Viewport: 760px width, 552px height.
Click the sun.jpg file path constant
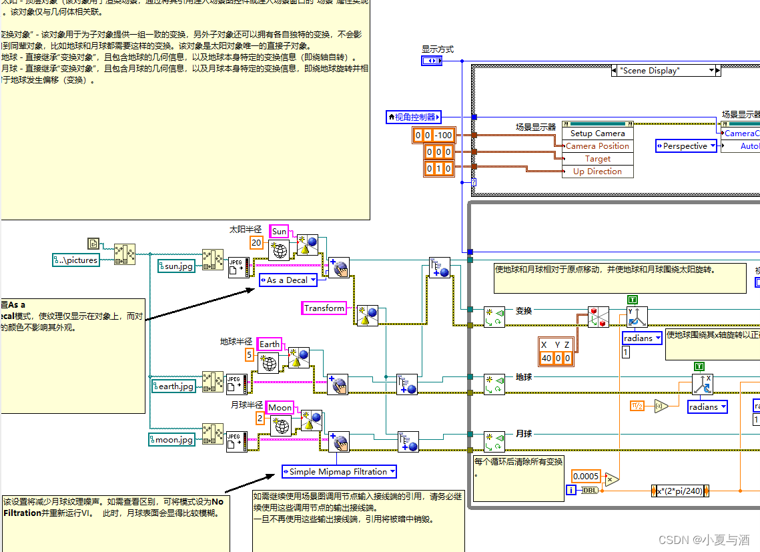click(x=176, y=266)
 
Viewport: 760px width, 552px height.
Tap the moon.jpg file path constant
click(x=173, y=439)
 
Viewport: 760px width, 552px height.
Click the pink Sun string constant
click(x=279, y=232)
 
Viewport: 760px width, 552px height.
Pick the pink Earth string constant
click(x=270, y=344)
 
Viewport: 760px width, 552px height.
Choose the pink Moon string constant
click(x=280, y=407)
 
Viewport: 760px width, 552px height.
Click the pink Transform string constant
click(x=324, y=308)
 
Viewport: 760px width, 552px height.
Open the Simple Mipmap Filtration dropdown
click(x=339, y=471)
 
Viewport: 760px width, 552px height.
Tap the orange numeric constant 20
click(x=256, y=243)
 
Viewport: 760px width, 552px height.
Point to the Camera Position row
click(x=597, y=146)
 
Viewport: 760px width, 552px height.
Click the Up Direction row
click(x=597, y=172)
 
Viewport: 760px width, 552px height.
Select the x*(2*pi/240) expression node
click(x=680, y=491)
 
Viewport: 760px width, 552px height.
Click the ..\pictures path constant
click(x=76, y=260)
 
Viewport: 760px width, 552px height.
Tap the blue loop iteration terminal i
click(x=571, y=491)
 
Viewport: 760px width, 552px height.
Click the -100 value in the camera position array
click(x=444, y=135)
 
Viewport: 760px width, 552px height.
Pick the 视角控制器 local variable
click(x=414, y=117)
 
